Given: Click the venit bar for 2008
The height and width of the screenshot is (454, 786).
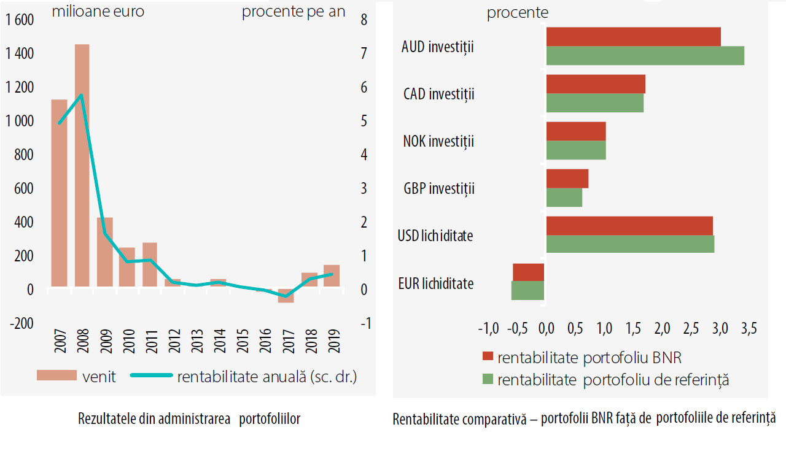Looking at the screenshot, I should point(82,165).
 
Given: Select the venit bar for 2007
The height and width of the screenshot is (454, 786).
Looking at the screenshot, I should point(59,193).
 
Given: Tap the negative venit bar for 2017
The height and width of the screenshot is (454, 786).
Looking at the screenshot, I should point(286,296).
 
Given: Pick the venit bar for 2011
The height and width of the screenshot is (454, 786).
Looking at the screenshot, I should point(150,264).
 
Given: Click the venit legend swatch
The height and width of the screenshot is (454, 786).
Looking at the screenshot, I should point(56,376).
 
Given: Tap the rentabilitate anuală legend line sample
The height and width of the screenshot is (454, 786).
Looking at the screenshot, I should point(150,376).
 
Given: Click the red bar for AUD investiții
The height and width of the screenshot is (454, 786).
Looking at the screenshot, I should point(633,37).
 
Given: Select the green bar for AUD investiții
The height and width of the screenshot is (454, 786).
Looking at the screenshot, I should point(645,56).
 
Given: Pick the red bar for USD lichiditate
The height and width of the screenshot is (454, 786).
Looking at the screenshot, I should point(629,225).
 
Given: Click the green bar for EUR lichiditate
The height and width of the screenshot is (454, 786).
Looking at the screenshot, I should point(528,291).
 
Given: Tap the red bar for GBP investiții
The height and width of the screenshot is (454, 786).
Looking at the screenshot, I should point(567,179).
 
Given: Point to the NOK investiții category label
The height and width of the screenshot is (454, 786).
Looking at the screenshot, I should point(438,142).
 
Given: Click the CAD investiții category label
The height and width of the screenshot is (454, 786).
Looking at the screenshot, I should point(438,94).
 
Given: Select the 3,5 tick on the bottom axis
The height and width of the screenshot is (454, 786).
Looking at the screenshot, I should point(749,329).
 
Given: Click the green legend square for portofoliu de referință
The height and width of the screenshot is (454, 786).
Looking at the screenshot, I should point(488,380).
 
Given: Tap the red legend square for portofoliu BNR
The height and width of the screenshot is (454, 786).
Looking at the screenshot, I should point(488,357).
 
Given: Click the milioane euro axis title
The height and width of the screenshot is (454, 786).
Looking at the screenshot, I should point(98,12).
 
